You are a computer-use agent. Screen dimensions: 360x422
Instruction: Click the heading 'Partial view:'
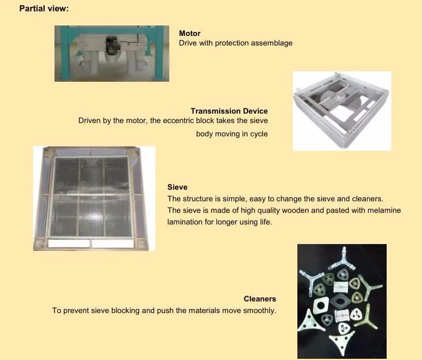[x=44, y=9]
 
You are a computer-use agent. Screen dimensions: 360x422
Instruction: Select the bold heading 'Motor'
[x=190, y=34]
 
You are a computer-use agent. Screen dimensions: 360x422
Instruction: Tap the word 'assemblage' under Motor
[x=272, y=43]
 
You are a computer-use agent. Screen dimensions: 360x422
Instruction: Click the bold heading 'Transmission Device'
[x=229, y=111]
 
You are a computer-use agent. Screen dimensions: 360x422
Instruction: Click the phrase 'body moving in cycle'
[x=232, y=134]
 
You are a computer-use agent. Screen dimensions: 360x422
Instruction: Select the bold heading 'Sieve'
[x=177, y=187]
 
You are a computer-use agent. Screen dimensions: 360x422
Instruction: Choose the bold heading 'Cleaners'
[x=260, y=299]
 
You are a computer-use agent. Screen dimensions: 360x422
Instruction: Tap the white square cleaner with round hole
[x=320, y=305]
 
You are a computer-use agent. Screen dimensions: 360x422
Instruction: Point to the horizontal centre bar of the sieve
[x=93, y=196]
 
